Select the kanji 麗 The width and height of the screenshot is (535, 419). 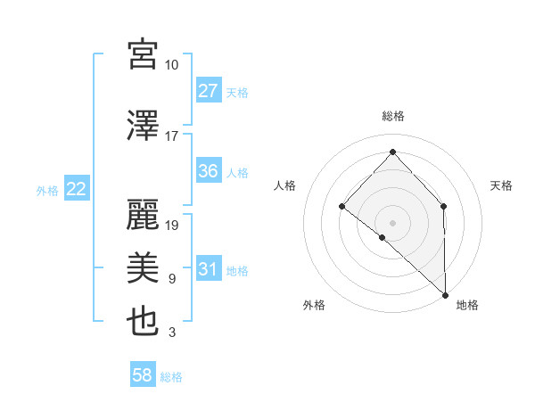143,213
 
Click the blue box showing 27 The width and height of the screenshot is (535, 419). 208,91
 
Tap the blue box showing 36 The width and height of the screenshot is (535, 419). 208,171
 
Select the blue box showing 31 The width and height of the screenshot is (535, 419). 208,269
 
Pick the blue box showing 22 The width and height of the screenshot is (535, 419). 76,189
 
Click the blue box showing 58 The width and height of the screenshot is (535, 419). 143,375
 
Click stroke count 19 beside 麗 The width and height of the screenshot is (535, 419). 173,226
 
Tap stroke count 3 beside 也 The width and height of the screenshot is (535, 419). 171,333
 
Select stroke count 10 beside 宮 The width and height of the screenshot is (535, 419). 171,65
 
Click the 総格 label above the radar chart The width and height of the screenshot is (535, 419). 392,116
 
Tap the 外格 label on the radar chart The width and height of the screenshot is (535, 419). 314,305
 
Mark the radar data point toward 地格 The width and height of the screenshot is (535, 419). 445,293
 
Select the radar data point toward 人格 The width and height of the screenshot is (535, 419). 342,207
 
